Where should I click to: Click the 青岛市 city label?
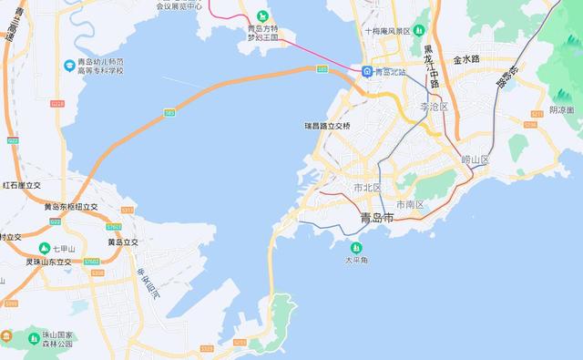pyautogui.click(x=376, y=219)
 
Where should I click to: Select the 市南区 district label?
pyautogui.click(x=410, y=204)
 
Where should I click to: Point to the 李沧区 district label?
pyautogui.click(x=435, y=107)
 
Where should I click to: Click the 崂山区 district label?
pyautogui.click(x=475, y=159)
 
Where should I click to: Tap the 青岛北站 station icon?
pyautogui.click(x=366, y=71)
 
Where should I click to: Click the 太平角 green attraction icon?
pyautogui.click(x=356, y=247)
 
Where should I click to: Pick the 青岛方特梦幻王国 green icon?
pyautogui.click(x=263, y=15)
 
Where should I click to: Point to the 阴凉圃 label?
pyautogui.click(x=562, y=110)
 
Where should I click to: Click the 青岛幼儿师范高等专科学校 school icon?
pyautogui.click(x=69, y=65)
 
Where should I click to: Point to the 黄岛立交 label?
pyautogui.click(x=122, y=242)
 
